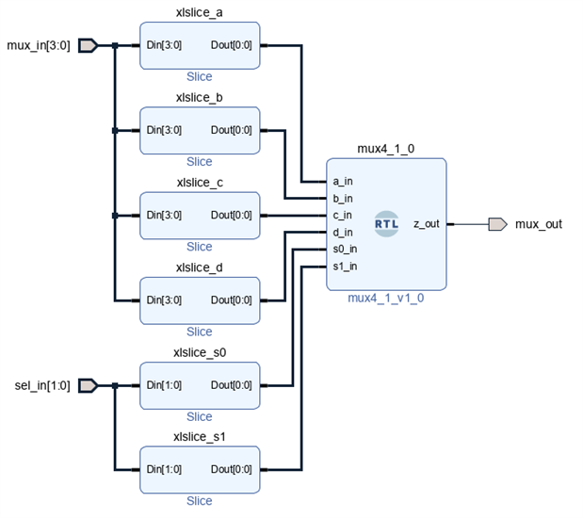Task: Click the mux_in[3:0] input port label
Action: (x=39, y=45)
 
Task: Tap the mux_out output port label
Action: (x=539, y=224)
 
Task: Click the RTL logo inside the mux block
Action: (x=386, y=224)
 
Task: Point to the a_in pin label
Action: (x=343, y=181)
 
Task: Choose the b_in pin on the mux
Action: (x=343, y=198)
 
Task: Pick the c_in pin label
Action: (x=343, y=215)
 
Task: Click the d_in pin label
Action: (x=343, y=232)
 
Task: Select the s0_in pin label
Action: (x=345, y=249)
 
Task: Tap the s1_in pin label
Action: (x=345, y=266)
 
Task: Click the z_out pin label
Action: (x=426, y=224)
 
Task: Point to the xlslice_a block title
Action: (x=200, y=13)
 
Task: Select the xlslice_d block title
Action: (x=200, y=268)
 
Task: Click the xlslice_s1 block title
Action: (x=200, y=438)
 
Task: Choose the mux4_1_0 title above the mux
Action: (x=386, y=149)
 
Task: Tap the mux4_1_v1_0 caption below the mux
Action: (x=386, y=299)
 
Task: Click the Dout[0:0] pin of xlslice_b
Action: (x=232, y=130)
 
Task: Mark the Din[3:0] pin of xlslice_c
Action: (x=164, y=215)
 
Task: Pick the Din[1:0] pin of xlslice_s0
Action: (x=164, y=385)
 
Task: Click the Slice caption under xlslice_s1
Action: (x=200, y=501)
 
